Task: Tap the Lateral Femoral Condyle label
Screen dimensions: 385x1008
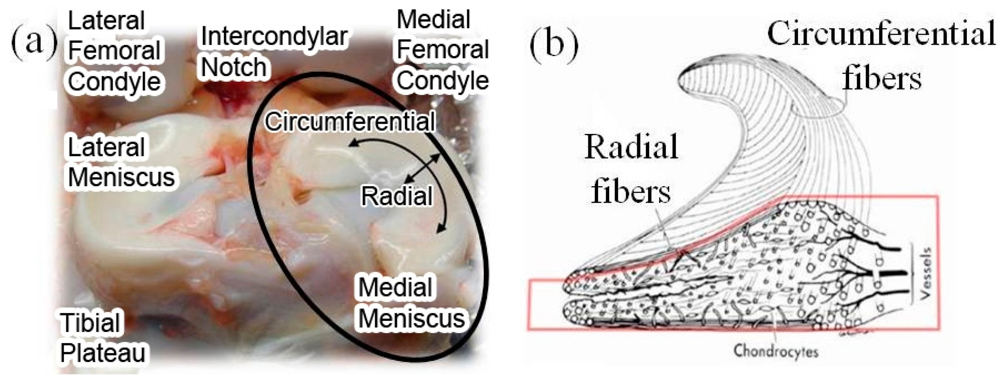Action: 114,51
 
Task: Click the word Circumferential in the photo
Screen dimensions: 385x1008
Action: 350,121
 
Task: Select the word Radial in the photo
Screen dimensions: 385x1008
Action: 396,196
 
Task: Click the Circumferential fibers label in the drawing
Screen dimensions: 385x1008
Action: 880,55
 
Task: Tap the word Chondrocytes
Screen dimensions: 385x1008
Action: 775,351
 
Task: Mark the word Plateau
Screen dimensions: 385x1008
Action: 103,353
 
